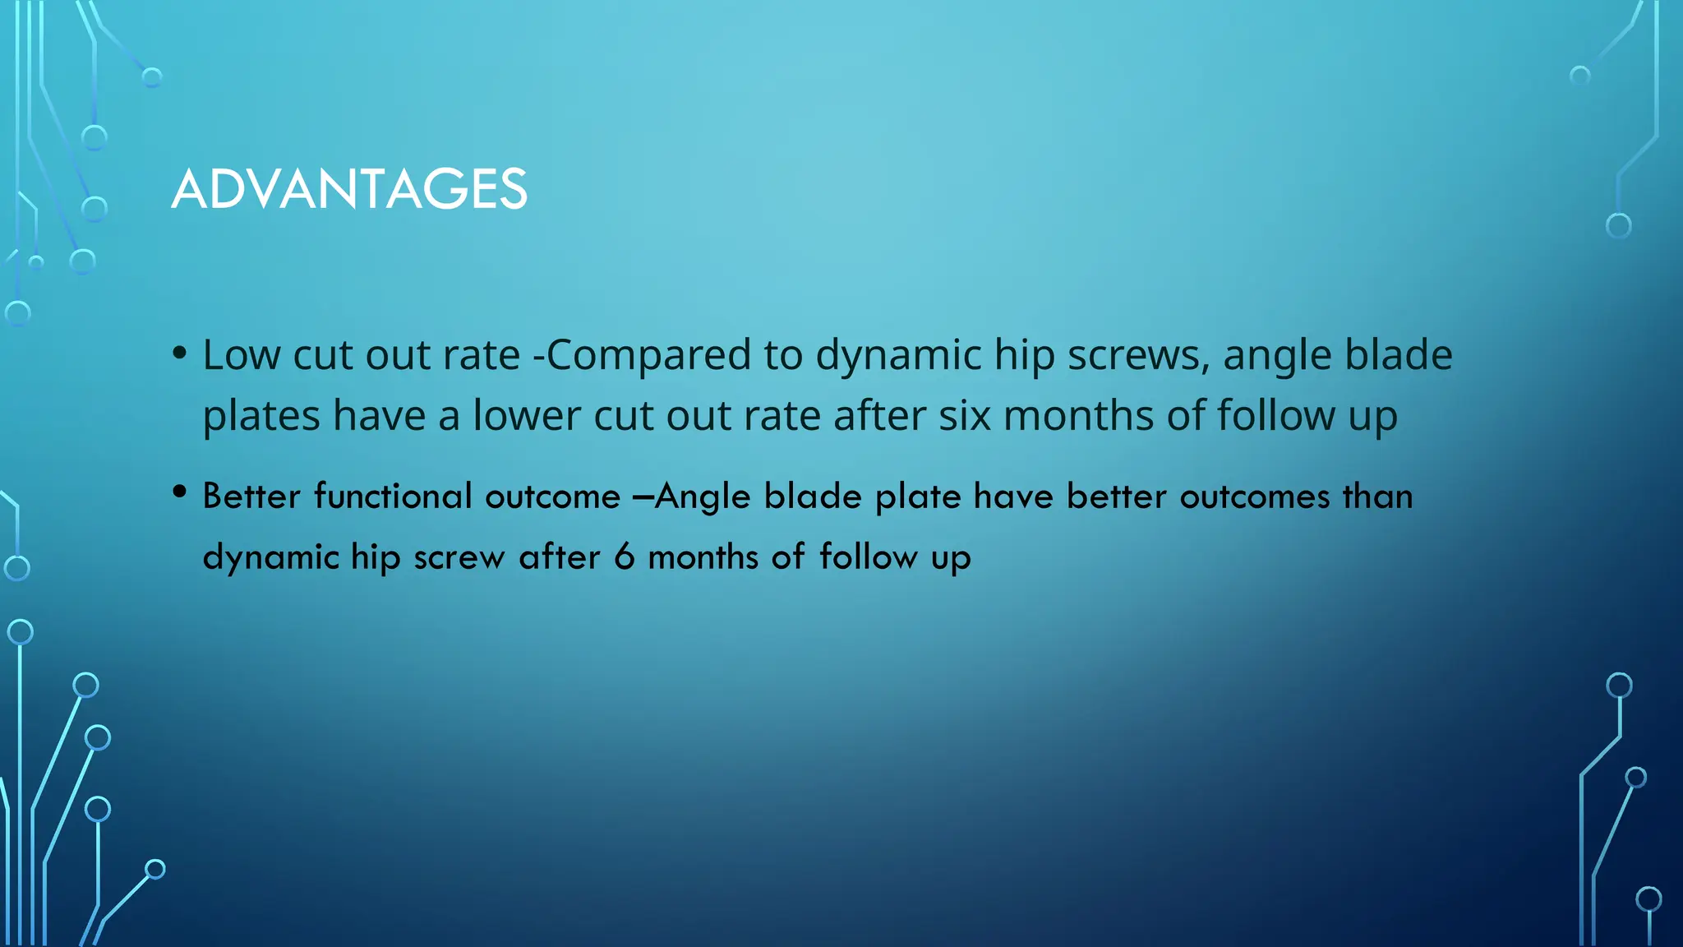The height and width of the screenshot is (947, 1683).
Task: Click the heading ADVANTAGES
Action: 349,189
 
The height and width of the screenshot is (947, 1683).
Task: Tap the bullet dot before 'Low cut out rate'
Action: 180,354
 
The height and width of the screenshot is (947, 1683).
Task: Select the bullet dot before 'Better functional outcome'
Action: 180,492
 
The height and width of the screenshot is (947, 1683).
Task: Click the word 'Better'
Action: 251,497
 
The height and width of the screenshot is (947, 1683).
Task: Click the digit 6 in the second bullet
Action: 625,557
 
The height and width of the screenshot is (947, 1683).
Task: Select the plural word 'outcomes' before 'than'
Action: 1254,497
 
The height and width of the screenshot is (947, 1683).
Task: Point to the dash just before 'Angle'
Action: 643,497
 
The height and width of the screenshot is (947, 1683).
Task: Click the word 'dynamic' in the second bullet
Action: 271,557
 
